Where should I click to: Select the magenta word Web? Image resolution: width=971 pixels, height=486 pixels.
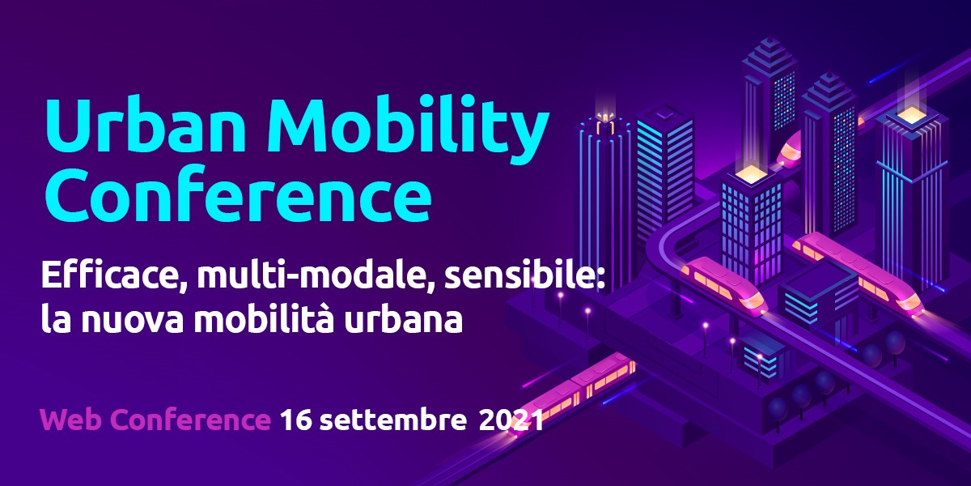tap(72, 420)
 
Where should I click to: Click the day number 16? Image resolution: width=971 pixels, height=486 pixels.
tap(295, 420)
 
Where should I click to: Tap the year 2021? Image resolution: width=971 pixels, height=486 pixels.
tap(511, 420)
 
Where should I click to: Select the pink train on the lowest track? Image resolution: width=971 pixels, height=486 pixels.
tap(572, 393)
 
